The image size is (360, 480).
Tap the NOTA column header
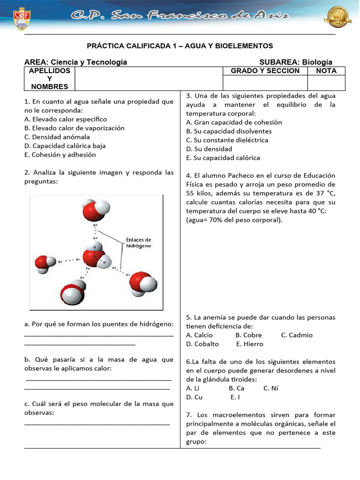326,71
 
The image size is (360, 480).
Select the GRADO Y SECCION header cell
265,71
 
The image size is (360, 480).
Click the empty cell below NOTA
326,82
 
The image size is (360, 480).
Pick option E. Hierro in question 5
250,344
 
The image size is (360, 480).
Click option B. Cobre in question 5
248,335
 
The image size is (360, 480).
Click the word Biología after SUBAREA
317,62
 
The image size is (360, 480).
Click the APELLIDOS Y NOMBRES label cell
49,78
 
